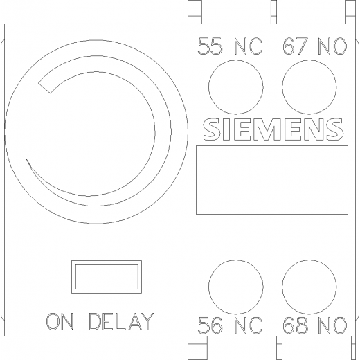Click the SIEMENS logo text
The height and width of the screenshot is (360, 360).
tap(273, 129)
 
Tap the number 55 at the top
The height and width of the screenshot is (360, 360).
tap(210, 46)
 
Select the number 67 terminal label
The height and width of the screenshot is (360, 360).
tap(296, 46)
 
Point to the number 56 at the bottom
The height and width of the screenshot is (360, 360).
tap(210, 325)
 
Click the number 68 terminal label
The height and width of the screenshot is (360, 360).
tap(296, 325)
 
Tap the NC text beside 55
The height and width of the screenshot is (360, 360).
tap(249, 46)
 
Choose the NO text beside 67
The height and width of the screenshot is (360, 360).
tap(332, 46)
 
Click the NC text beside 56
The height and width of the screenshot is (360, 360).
tap(249, 325)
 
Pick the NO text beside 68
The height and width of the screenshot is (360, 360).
tap(332, 325)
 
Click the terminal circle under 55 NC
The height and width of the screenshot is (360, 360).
tap(236, 60)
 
